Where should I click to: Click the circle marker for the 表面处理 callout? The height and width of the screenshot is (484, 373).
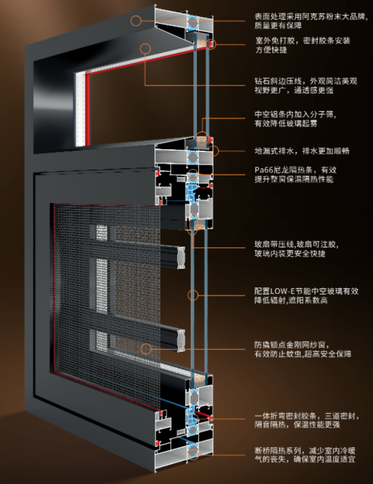[136, 21]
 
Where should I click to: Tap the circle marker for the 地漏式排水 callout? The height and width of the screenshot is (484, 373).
[214, 151]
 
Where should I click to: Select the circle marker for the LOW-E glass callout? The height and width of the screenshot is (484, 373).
[193, 291]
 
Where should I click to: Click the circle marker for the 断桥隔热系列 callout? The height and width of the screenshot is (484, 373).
[193, 450]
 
